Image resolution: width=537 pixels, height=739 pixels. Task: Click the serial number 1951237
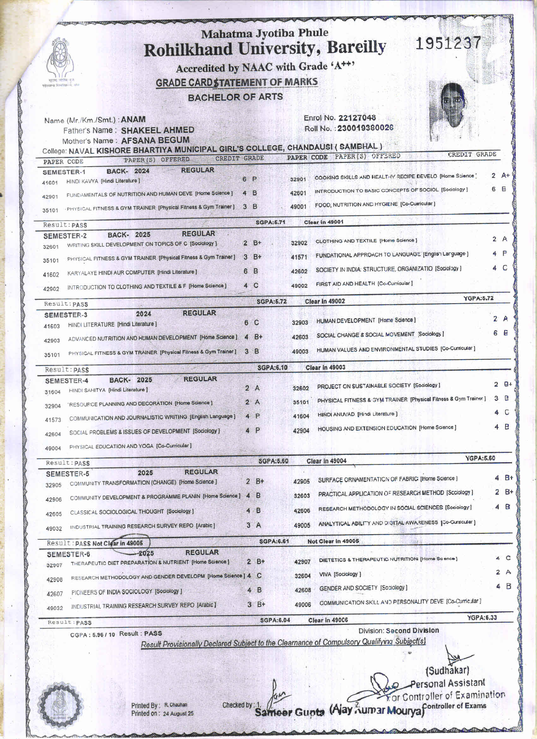[x=449, y=43]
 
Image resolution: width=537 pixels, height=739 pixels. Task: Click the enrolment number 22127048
[x=357, y=118]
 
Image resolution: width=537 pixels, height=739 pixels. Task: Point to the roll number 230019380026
[x=365, y=128]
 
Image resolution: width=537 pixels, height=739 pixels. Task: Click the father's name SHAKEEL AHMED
[x=158, y=130]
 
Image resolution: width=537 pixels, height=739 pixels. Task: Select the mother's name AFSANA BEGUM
[x=155, y=140]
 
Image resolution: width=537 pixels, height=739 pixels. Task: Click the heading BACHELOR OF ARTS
[x=235, y=97]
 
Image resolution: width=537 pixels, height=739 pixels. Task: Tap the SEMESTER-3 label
[x=66, y=315]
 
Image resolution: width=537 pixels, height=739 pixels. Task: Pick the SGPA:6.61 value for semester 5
[x=274, y=541]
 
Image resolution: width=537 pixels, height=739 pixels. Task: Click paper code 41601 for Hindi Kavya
[x=50, y=183]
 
